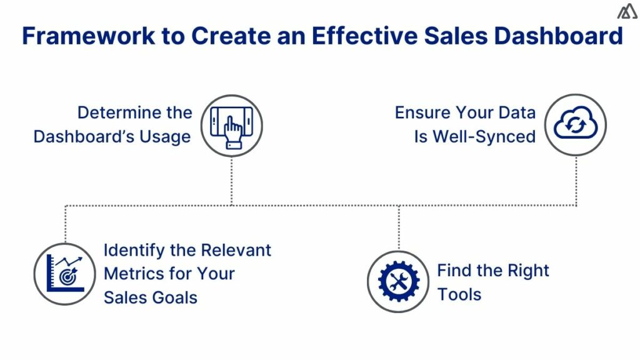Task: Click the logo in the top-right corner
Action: [x=627, y=12]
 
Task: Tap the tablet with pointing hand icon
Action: [x=232, y=126]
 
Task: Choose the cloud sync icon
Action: [x=576, y=125]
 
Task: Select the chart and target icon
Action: [x=64, y=274]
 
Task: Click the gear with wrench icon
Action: [x=399, y=281]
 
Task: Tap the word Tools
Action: [x=459, y=294]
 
